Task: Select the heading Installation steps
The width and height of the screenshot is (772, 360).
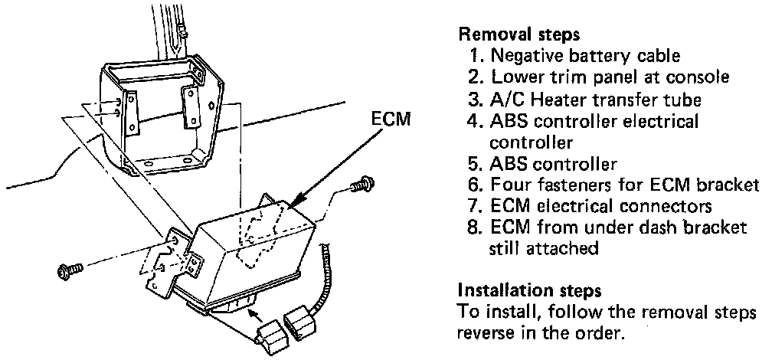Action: tap(528, 291)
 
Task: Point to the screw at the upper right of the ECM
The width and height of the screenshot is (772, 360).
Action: tap(359, 187)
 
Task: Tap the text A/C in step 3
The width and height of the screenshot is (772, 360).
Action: tap(506, 99)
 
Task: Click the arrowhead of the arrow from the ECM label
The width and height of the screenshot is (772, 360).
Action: tap(293, 202)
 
